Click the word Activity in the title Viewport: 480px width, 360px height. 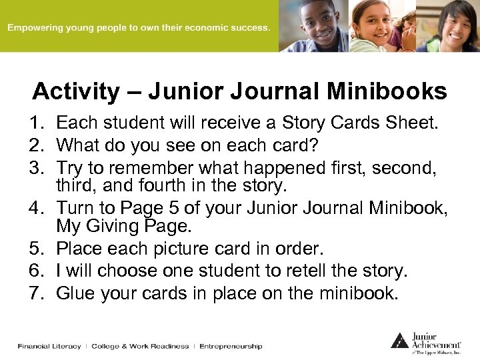pos(74,91)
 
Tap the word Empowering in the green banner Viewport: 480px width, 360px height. pos(37,29)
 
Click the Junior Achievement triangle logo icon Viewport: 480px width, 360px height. pos(399,340)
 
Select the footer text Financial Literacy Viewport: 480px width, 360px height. pos(49,347)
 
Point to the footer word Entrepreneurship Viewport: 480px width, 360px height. pos(231,347)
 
